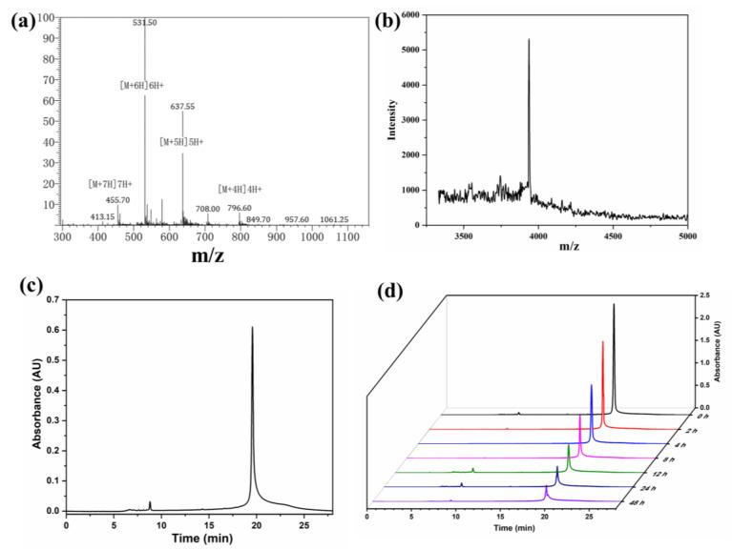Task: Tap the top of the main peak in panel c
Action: [x=252, y=327]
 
